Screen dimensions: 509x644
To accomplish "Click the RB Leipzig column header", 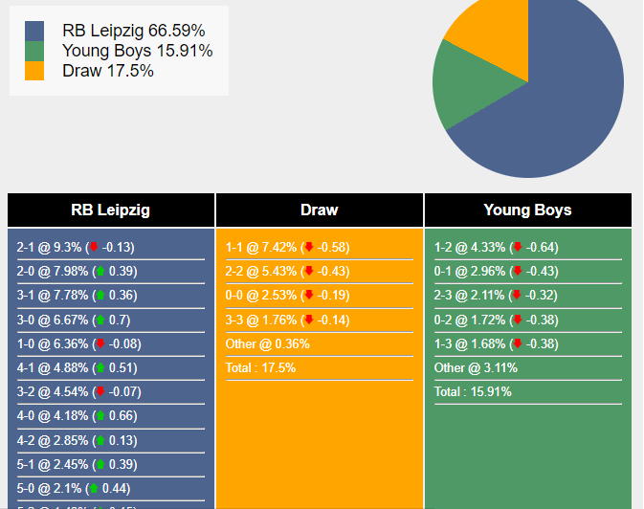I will [110, 210].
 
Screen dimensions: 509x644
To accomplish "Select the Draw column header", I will [319, 210].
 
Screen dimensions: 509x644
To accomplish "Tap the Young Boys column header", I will [527, 210].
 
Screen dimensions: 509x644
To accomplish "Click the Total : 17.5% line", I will [260, 368].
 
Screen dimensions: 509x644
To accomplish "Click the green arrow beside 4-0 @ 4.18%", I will [100, 416].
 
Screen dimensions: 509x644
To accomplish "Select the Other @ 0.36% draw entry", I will [268, 344].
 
